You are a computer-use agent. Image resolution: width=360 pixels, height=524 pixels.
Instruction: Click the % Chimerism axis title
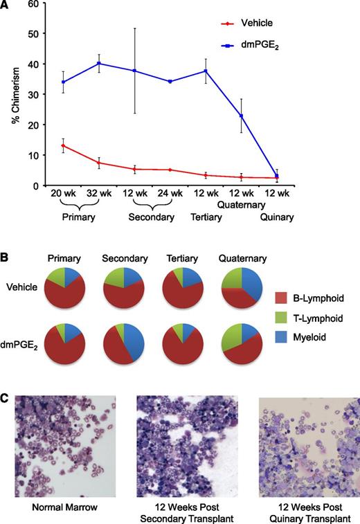tap(15, 95)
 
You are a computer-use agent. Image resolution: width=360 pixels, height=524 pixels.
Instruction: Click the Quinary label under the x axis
tap(276, 217)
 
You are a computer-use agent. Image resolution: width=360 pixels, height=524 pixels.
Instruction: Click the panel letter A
tap(6, 6)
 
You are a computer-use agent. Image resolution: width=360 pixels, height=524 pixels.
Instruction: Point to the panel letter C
tap(6, 379)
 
